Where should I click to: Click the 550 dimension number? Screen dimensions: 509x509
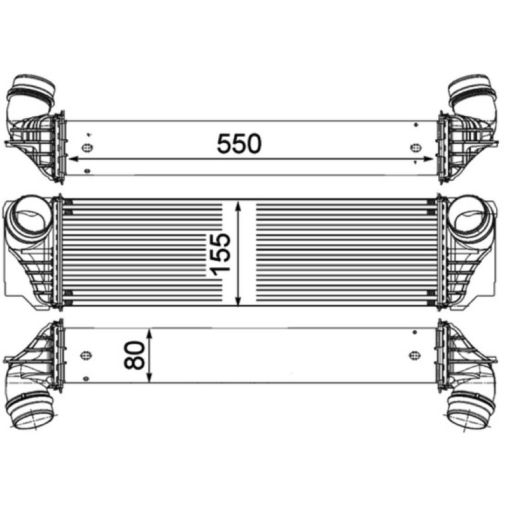tap(239, 144)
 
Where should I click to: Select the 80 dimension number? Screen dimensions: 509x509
tap(134, 355)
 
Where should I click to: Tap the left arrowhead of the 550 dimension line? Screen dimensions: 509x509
tap(74, 159)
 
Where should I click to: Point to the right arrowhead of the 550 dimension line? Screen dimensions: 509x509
tap(428, 159)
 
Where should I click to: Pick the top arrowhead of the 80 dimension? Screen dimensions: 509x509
tap(150, 334)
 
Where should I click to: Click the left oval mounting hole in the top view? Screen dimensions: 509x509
tap(87, 148)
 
